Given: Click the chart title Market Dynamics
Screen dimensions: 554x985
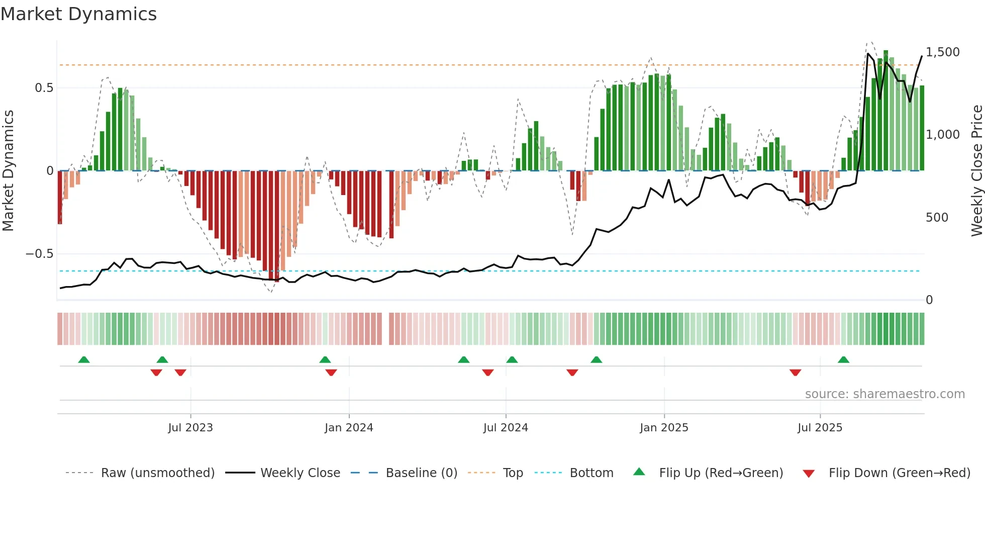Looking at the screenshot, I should [79, 14].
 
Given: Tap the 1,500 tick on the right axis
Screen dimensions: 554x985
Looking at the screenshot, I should [942, 52].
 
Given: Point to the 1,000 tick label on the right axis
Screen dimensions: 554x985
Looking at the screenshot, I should [942, 135].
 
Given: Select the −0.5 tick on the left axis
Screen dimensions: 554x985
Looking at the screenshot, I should [40, 254].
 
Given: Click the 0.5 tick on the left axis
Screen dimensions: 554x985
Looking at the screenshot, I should [44, 88].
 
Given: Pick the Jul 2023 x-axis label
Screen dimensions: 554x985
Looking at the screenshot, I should [190, 428].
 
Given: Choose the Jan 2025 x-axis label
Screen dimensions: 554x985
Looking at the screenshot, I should [664, 428].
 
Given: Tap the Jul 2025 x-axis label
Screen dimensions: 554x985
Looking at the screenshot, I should [820, 428].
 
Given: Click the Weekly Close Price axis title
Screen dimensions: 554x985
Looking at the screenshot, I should [976, 171].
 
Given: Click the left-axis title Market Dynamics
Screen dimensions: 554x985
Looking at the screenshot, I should [9, 171].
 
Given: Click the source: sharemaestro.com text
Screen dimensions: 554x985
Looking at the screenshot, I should [884, 394].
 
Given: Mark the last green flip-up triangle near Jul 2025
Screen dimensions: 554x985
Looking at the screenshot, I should [843, 360].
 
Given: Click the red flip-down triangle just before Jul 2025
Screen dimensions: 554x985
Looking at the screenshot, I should [795, 373].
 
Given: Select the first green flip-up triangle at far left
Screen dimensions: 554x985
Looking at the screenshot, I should [84, 360].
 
